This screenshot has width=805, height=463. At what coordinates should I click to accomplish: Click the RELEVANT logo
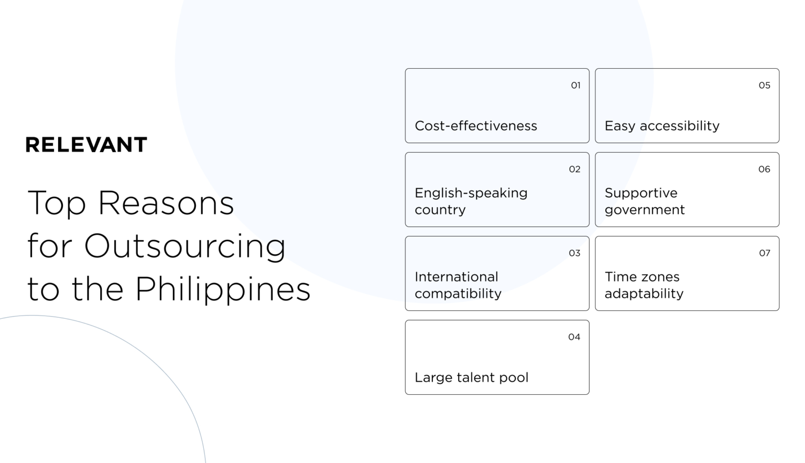click(86, 145)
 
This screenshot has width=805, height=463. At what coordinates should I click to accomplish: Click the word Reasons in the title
click(166, 203)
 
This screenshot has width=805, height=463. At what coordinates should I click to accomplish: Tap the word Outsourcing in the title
click(184, 246)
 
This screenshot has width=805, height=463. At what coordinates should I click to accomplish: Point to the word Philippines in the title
click(223, 289)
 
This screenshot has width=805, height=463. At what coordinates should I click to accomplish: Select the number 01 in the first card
click(575, 85)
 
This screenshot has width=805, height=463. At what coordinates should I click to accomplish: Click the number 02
click(574, 169)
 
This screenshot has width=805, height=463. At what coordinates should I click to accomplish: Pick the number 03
click(574, 253)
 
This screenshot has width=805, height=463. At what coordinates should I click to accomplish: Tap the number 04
click(574, 337)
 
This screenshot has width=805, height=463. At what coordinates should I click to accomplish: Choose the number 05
click(764, 85)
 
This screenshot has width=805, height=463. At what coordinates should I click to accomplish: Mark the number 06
click(764, 169)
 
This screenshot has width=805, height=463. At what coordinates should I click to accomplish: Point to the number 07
click(765, 253)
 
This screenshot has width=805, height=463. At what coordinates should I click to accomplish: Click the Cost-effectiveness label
click(476, 126)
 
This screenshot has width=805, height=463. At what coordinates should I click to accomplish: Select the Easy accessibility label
click(662, 126)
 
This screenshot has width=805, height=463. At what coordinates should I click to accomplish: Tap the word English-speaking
click(471, 193)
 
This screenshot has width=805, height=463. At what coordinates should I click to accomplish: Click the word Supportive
click(641, 193)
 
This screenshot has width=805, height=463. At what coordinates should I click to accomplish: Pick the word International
click(456, 277)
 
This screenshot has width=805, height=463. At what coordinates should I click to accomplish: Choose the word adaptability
click(644, 294)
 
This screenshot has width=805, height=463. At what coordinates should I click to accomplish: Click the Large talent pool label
click(471, 378)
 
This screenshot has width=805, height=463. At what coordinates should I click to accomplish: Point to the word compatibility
click(458, 294)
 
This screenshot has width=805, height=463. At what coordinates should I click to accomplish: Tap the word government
click(644, 210)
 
